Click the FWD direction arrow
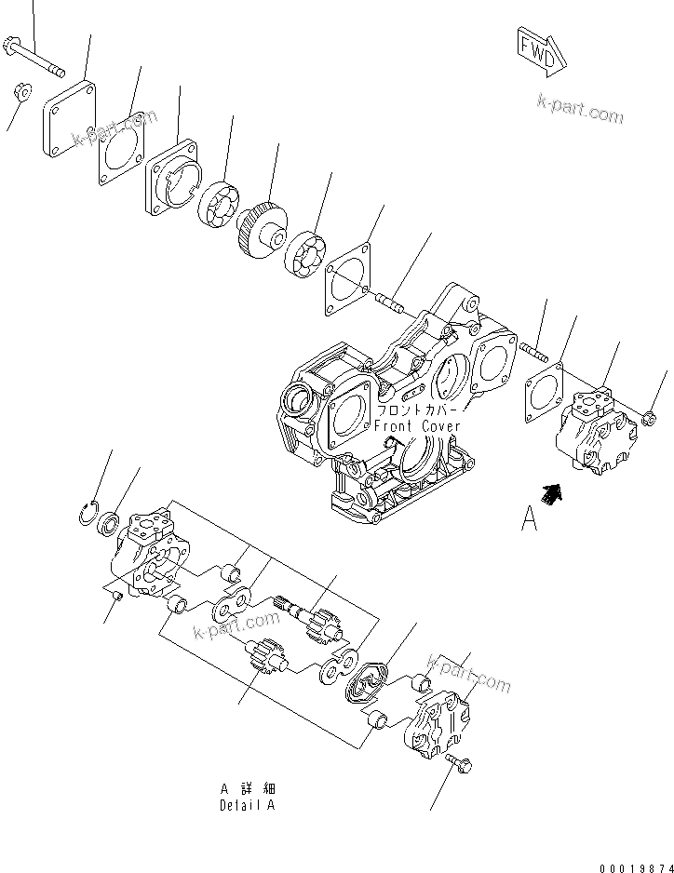(539, 50)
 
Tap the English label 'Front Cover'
(417, 426)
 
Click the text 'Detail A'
(248, 806)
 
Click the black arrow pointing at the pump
(552, 492)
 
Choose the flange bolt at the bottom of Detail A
(460, 764)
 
